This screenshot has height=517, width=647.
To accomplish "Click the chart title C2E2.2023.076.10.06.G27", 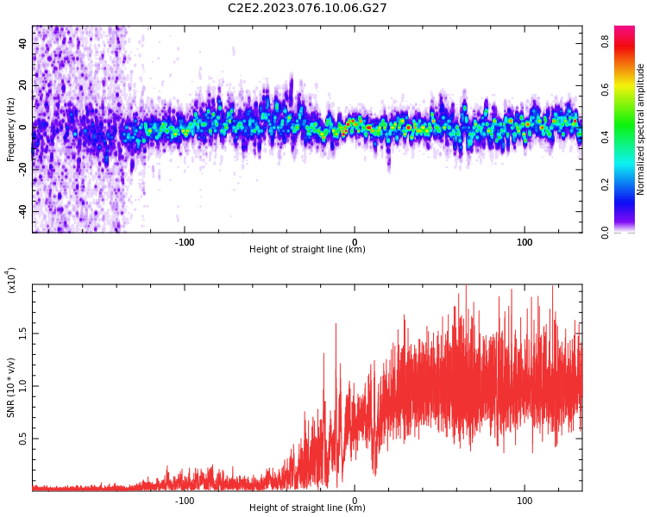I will pos(307,8).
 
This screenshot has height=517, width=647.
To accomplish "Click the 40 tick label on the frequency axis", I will pos(23,43).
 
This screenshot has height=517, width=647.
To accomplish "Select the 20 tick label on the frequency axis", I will pos(23,85).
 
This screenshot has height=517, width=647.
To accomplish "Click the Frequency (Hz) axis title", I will pos(10,129).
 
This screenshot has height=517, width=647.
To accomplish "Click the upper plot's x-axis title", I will pos(307,250).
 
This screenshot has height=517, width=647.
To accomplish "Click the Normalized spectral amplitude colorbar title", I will pos(641,129).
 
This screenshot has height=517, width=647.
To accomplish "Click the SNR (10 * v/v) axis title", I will pos(10,388).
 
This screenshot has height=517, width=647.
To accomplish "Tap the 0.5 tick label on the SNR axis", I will pos(23,439).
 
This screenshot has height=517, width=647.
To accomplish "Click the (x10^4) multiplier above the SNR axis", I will pos(11,280).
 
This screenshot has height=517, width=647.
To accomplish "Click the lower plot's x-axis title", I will pos(307,508).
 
